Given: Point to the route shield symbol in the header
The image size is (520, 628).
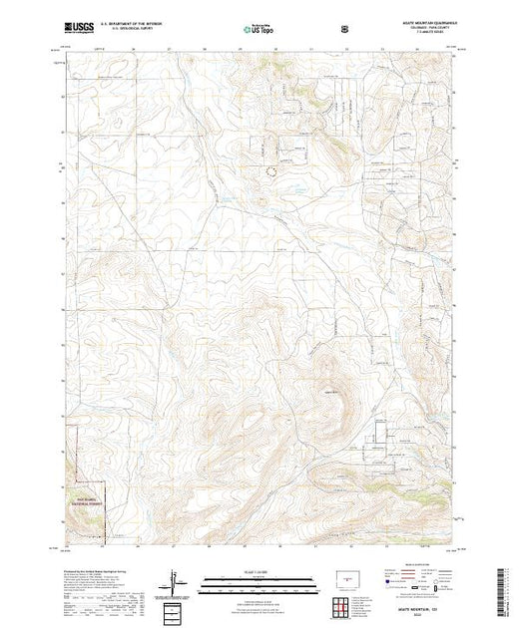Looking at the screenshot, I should [x=345, y=28].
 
